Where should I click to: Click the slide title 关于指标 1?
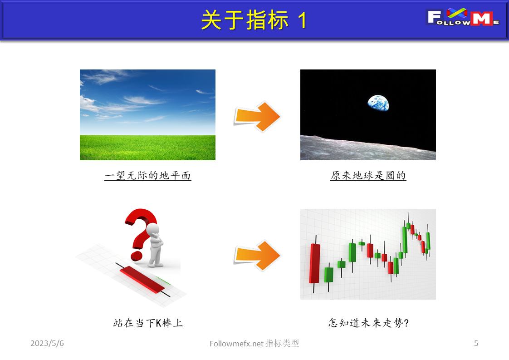click(x=254, y=20)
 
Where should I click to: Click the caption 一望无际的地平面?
click(x=148, y=175)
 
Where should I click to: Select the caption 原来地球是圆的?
click(x=368, y=175)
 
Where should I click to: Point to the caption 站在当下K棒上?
click(x=148, y=323)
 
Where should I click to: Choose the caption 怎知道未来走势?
click(x=368, y=323)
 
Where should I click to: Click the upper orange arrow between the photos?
click(x=258, y=116)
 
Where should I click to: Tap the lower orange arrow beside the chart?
click(x=258, y=256)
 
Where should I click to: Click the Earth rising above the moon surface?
click(x=377, y=103)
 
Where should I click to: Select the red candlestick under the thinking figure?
click(x=142, y=279)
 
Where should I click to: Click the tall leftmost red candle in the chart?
click(x=314, y=263)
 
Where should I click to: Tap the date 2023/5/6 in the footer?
click(x=47, y=344)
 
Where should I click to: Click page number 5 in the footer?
click(x=476, y=344)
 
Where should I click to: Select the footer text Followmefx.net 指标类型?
click(x=254, y=344)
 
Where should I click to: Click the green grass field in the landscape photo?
click(x=148, y=148)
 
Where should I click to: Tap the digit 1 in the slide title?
click(x=303, y=20)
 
